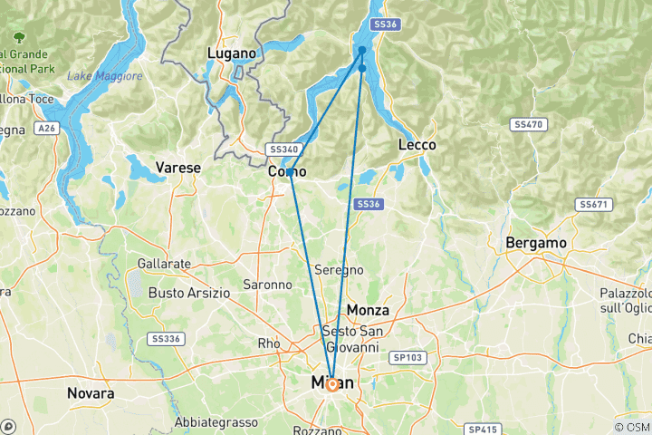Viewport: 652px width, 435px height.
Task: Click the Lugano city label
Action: coord(232,53)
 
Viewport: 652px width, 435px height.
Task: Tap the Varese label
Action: coord(177,168)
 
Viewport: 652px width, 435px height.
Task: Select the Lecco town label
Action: coord(417,145)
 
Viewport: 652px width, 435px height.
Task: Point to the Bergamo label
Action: coord(536,243)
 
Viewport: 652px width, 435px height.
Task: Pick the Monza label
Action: coord(368,310)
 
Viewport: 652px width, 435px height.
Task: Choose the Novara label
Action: coord(91,394)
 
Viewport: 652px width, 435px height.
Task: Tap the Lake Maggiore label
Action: coord(105,76)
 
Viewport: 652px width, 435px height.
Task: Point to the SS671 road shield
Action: coord(593,206)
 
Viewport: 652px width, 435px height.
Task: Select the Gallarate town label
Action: coord(164,264)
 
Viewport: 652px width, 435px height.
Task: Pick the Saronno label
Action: coord(267,285)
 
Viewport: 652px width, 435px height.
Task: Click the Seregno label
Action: coord(339,270)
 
